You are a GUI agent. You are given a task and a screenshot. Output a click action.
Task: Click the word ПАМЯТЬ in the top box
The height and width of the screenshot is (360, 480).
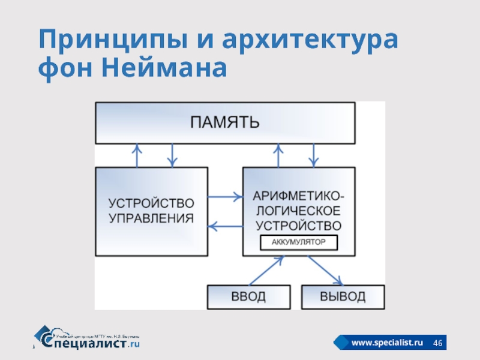pos(225,123)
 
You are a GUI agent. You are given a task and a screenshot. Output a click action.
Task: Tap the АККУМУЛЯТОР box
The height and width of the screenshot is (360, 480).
pos(299,242)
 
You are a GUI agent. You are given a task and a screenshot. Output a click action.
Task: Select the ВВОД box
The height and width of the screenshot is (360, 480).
pos(248,296)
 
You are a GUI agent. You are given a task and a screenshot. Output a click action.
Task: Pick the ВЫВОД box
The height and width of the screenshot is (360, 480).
pos(342,296)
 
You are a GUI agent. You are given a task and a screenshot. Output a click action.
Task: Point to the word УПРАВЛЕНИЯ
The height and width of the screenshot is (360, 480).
pos(152,218)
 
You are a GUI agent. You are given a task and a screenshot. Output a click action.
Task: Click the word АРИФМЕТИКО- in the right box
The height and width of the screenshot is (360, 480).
pos(299,196)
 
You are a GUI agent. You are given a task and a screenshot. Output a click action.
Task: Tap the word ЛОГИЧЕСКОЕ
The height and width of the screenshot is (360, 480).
pos(299,211)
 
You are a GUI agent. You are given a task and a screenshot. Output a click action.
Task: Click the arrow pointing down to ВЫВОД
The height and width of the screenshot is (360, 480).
pos(325,271)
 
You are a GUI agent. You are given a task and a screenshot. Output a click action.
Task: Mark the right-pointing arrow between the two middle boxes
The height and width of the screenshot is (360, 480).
pos(224,196)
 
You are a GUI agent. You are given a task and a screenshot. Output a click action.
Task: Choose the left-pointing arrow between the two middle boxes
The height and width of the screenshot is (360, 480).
pos(224,226)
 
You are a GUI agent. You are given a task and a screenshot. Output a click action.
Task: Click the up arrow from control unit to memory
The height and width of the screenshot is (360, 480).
pos(137,155)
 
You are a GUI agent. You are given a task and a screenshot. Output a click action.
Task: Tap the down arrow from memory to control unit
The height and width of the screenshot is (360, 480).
pos(173,155)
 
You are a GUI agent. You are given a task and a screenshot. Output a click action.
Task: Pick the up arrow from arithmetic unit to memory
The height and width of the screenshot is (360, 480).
pos(278,155)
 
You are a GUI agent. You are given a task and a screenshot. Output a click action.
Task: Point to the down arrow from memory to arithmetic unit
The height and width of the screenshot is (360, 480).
pos(313,155)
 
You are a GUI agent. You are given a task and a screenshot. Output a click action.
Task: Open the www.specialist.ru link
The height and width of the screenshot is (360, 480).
pos(387,342)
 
